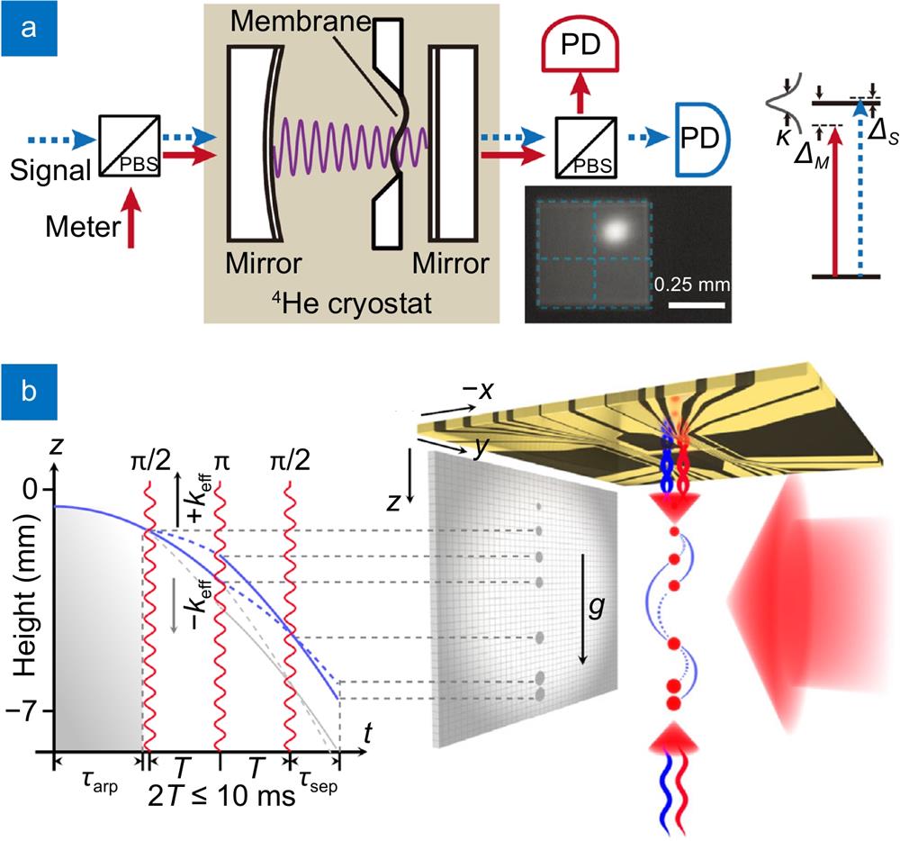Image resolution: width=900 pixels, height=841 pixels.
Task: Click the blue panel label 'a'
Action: pyautogui.click(x=29, y=28)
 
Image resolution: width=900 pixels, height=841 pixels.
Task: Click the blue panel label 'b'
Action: pyautogui.click(x=29, y=391)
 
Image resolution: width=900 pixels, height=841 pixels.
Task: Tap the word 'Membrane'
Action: pyautogui.click(x=301, y=22)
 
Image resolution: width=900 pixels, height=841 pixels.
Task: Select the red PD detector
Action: pyautogui.click(x=580, y=48)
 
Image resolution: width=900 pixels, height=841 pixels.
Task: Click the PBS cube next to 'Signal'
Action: pyautogui.click(x=130, y=145)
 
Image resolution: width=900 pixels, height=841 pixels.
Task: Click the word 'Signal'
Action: pyautogui.click(x=50, y=170)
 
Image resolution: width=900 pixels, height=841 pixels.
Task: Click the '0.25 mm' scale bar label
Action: pyautogui.click(x=692, y=285)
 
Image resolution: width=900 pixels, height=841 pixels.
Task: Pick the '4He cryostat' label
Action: pyautogui.click(x=352, y=303)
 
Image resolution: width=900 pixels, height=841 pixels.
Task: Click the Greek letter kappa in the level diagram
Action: pyautogui.click(x=784, y=137)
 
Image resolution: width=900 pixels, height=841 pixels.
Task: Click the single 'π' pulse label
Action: pyautogui.click(x=221, y=462)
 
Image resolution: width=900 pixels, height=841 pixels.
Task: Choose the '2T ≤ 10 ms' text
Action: pyautogui.click(x=221, y=796)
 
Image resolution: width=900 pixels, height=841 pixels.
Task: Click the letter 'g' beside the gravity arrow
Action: pyautogui.click(x=597, y=606)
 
